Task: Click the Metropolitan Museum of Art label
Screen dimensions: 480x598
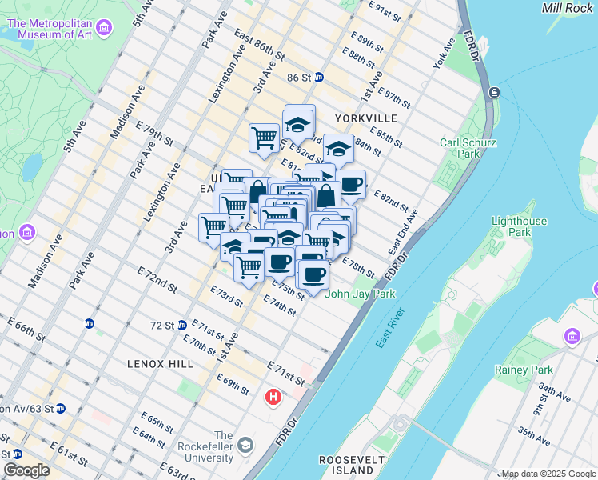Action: click(49, 29)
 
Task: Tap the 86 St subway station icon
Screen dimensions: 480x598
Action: click(319, 78)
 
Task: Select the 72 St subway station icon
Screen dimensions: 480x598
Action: click(182, 325)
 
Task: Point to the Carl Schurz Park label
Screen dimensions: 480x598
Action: click(460, 149)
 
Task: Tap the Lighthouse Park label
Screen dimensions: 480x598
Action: click(520, 226)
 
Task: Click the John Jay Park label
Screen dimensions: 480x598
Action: click(361, 294)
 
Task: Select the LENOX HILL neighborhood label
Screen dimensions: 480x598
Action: click(160, 363)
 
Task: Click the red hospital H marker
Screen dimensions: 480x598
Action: click(273, 396)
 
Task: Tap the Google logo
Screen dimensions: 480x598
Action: click(26, 470)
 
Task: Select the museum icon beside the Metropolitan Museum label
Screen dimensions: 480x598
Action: click(103, 29)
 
